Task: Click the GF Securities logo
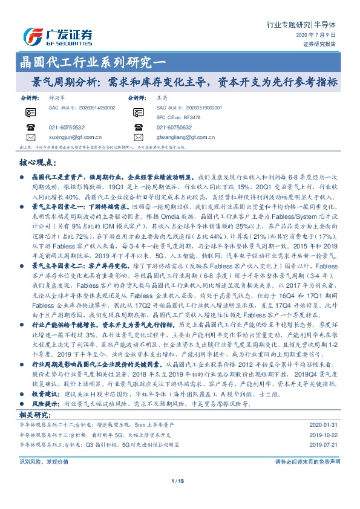(x=57, y=34)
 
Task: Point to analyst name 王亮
(x=161, y=96)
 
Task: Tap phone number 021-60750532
(x=67, y=128)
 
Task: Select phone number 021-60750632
(x=174, y=128)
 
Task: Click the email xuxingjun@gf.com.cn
(x=75, y=137)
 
